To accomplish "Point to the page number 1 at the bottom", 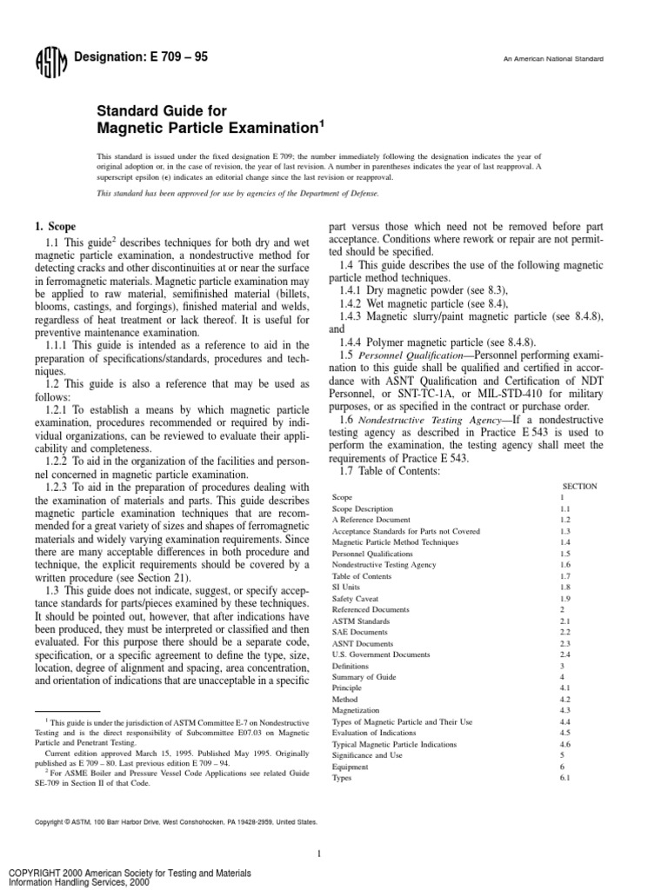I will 320,854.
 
